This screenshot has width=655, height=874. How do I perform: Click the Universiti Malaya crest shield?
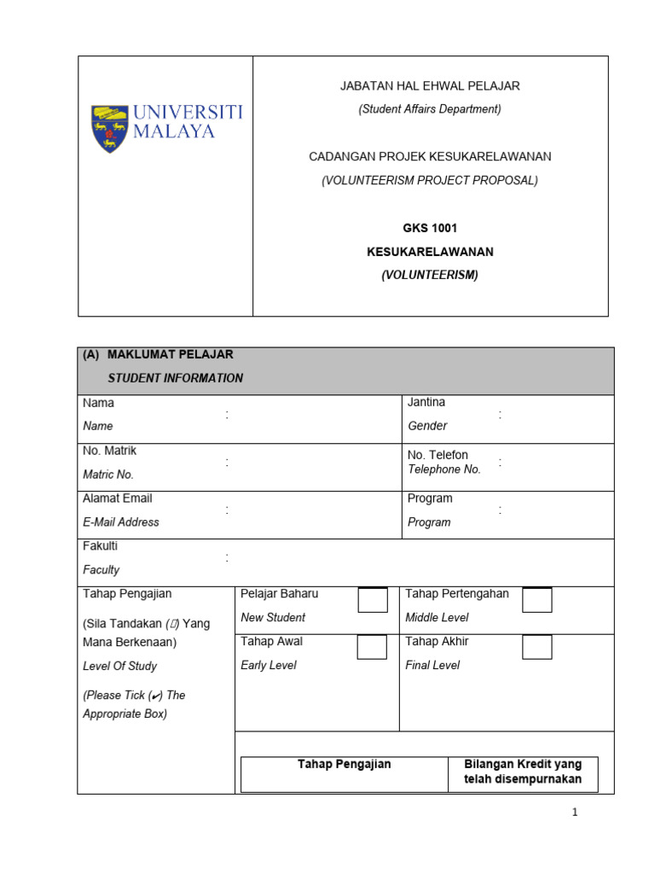tap(109, 128)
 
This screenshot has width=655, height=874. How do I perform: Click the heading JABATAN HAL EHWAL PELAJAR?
tap(430, 86)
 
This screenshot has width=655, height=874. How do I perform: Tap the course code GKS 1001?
tap(430, 229)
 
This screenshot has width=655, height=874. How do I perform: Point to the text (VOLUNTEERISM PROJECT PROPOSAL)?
tap(430, 180)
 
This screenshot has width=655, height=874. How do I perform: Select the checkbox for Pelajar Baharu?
tap(373, 600)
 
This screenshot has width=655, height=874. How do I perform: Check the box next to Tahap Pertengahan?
tap(537, 600)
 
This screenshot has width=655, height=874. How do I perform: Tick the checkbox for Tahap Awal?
tap(373, 647)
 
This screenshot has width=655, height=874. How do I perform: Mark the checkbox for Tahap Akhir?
tap(537, 647)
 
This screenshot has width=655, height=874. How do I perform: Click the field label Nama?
tap(98, 403)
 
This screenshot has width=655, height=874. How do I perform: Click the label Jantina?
tap(426, 402)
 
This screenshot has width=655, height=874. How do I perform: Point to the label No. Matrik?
tap(109, 451)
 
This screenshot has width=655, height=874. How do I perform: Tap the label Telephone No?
tap(443, 469)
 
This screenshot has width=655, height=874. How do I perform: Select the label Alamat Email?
tap(118, 498)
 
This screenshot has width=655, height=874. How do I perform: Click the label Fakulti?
tap(101, 546)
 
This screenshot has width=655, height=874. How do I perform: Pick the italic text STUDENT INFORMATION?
tap(175, 378)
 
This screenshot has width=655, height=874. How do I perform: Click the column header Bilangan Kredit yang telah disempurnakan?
tap(522, 772)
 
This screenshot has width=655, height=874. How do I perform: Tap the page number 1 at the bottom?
tap(576, 813)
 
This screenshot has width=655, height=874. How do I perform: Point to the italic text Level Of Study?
tap(119, 666)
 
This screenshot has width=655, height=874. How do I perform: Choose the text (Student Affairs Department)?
tap(430, 109)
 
